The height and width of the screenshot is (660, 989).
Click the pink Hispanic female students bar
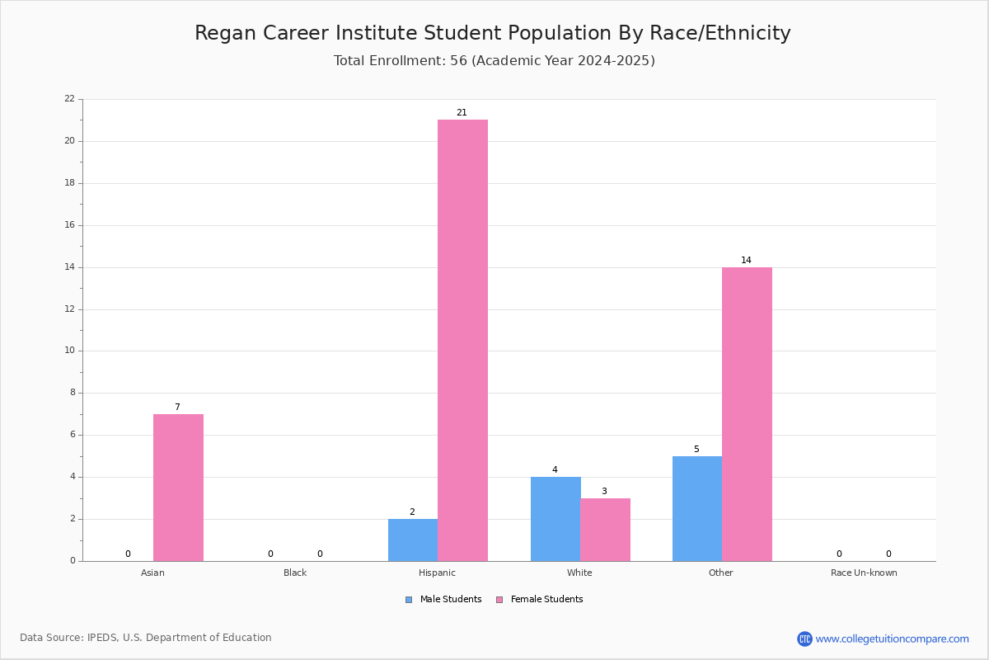[462, 341]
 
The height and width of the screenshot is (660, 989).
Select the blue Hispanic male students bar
[413, 540]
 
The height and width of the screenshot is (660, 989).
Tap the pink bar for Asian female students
[178, 488]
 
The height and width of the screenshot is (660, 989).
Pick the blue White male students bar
[555, 519]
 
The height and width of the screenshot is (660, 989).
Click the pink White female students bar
[605, 530]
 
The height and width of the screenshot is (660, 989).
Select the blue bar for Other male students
[697, 509]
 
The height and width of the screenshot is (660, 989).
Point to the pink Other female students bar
[747, 414]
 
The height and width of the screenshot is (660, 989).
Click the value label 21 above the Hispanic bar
[462, 113]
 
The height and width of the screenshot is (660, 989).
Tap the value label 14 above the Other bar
[746, 261]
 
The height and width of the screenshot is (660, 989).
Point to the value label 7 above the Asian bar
[177, 408]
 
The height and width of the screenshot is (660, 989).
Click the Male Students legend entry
[443, 600]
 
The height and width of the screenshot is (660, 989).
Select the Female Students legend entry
[540, 600]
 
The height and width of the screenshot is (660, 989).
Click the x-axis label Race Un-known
[864, 573]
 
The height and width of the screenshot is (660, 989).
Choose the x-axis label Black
[295, 573]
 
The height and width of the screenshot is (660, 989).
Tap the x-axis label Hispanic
[437, 573]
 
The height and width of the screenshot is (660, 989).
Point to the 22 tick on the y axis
[70, 98]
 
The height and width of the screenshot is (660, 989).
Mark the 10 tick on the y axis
[70, 351]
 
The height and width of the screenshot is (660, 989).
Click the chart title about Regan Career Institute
[493, 33]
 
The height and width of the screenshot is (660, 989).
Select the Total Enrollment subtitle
[494, 60]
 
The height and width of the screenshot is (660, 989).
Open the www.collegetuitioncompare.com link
[892, 639]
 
